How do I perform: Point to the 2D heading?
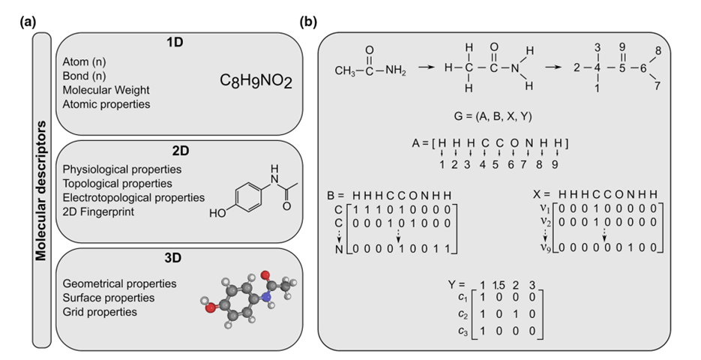pyautogui.click(x=178, y=152)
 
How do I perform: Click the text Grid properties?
pyautogui.click(x=100, y=311)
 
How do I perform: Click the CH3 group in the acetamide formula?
pyautogui.click(x=347, y=71)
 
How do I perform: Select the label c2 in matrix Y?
pyautogui.click(x=461, y=313)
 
